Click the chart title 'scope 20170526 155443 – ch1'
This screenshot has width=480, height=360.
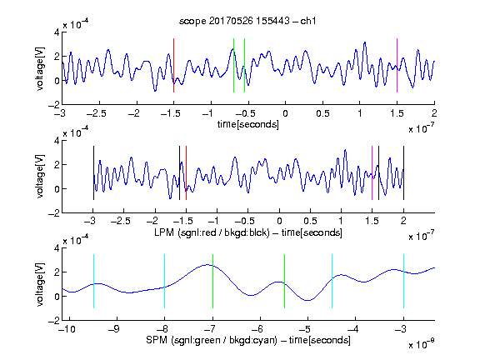[247, 21]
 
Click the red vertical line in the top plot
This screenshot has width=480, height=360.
[173, 65]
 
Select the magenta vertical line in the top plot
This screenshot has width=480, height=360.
[397, 65]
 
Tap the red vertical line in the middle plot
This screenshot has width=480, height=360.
[186, 173]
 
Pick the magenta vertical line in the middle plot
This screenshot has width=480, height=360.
[372, 173]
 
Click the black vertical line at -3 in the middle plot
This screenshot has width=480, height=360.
[93, 173]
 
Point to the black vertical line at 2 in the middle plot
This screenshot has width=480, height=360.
[403, 173]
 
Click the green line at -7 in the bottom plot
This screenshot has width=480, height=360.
[212, 281]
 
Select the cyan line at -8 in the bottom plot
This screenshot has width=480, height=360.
[164, 281]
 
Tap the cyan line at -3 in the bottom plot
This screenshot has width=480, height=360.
[403, 281]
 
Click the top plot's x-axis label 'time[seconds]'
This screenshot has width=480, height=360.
[248, 124]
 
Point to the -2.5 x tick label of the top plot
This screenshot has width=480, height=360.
[96, 114]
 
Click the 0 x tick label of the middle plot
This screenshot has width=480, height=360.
[279, 221]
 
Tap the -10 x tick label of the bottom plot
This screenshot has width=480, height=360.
[67, 329]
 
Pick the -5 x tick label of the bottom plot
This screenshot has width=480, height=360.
[305, 329]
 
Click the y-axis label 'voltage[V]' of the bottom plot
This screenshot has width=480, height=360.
[40, 284]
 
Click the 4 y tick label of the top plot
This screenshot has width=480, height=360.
[57, 32]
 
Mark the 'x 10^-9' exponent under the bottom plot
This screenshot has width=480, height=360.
[421, 344]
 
